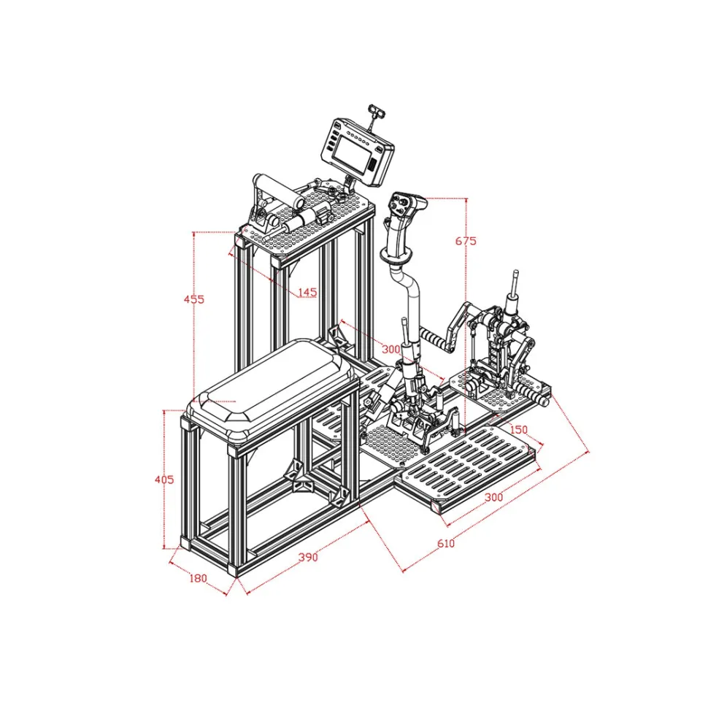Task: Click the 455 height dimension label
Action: click(x=193, y=299)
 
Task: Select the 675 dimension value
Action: click(x=466, y=241)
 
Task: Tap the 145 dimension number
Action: click(x=307, y=293)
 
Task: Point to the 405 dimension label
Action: click(x=164, y=480)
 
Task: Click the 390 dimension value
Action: click(x=308, y=557)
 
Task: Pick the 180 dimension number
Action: click(x=198, y=578)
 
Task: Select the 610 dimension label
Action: click(x=446, y=543)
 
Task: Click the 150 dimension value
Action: click(x=518, y=429)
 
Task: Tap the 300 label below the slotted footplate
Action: click(x=493, y=497)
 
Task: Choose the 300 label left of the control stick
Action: click(x=391, y=349)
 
